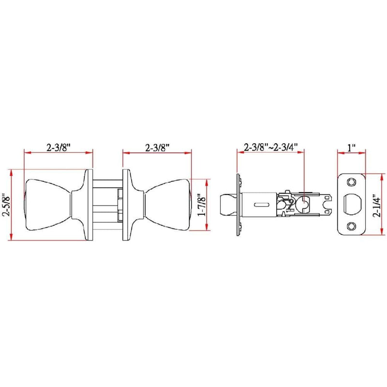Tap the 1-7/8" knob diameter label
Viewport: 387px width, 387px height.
(201, 205)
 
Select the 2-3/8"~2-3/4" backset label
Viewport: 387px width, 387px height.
(271, 147)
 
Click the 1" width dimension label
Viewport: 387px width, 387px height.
(351, 148)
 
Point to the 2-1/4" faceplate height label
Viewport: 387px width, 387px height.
(377, 205)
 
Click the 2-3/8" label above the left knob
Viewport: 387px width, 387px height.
(59, 148)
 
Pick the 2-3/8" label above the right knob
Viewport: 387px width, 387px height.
(157, 148)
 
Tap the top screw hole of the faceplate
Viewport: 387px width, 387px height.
(351, 182)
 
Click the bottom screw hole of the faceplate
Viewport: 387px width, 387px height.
(351, 226)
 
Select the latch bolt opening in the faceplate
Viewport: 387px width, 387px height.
(352, 204)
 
